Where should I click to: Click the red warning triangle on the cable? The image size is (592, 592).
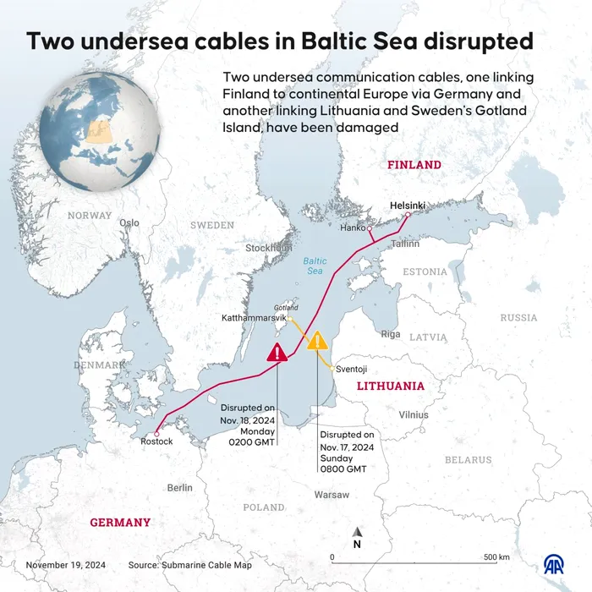pyautogui.click(x=277, y=353)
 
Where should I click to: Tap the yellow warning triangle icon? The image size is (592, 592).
pyautogui.click(x=317, y=341)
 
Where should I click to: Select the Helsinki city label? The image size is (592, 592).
pyautogui.click(x=408, y=206)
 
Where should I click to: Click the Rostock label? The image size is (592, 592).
pyautogui.click(x=156, y=441)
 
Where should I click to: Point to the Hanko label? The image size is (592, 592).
pyautogui.click(x=352, y=227)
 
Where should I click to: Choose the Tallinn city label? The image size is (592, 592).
pyautogui.click(x=405, y=244)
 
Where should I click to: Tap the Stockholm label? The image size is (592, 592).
pyautogui.click(x=268, y=248)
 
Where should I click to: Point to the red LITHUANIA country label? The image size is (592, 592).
pyautogui.click(x=390, y=386)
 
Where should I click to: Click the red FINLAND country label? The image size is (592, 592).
pyautogui.click(x=414, y=165)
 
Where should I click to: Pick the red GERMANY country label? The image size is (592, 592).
pyautogui.click(x=120, y=523)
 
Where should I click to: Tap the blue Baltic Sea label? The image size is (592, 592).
pyautogui.click(x=315, y=266)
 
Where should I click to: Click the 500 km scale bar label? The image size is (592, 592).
pyautogui.click(x=496, y=557)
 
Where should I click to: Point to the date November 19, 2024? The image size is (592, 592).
pyautogui.click(x=65, y=564)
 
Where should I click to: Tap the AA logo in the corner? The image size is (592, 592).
pyautogui.click(x=555, y=564)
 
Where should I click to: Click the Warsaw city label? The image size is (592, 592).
pyautogui.click(x=331, y=493)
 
